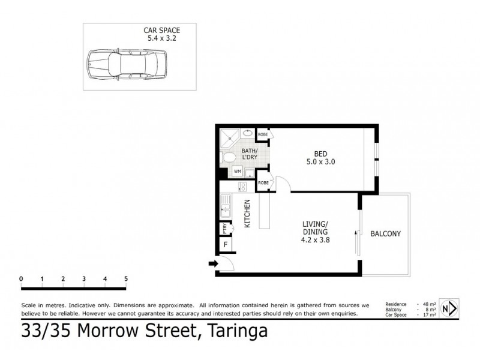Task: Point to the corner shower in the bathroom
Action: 229,138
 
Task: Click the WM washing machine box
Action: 238,171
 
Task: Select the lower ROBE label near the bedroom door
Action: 262,182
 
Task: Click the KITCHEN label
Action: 246,213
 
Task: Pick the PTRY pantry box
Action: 225,228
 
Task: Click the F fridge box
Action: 226,245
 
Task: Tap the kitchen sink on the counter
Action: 225,210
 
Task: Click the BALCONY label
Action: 385,233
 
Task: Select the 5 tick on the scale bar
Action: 126,279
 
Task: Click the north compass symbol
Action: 449,308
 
